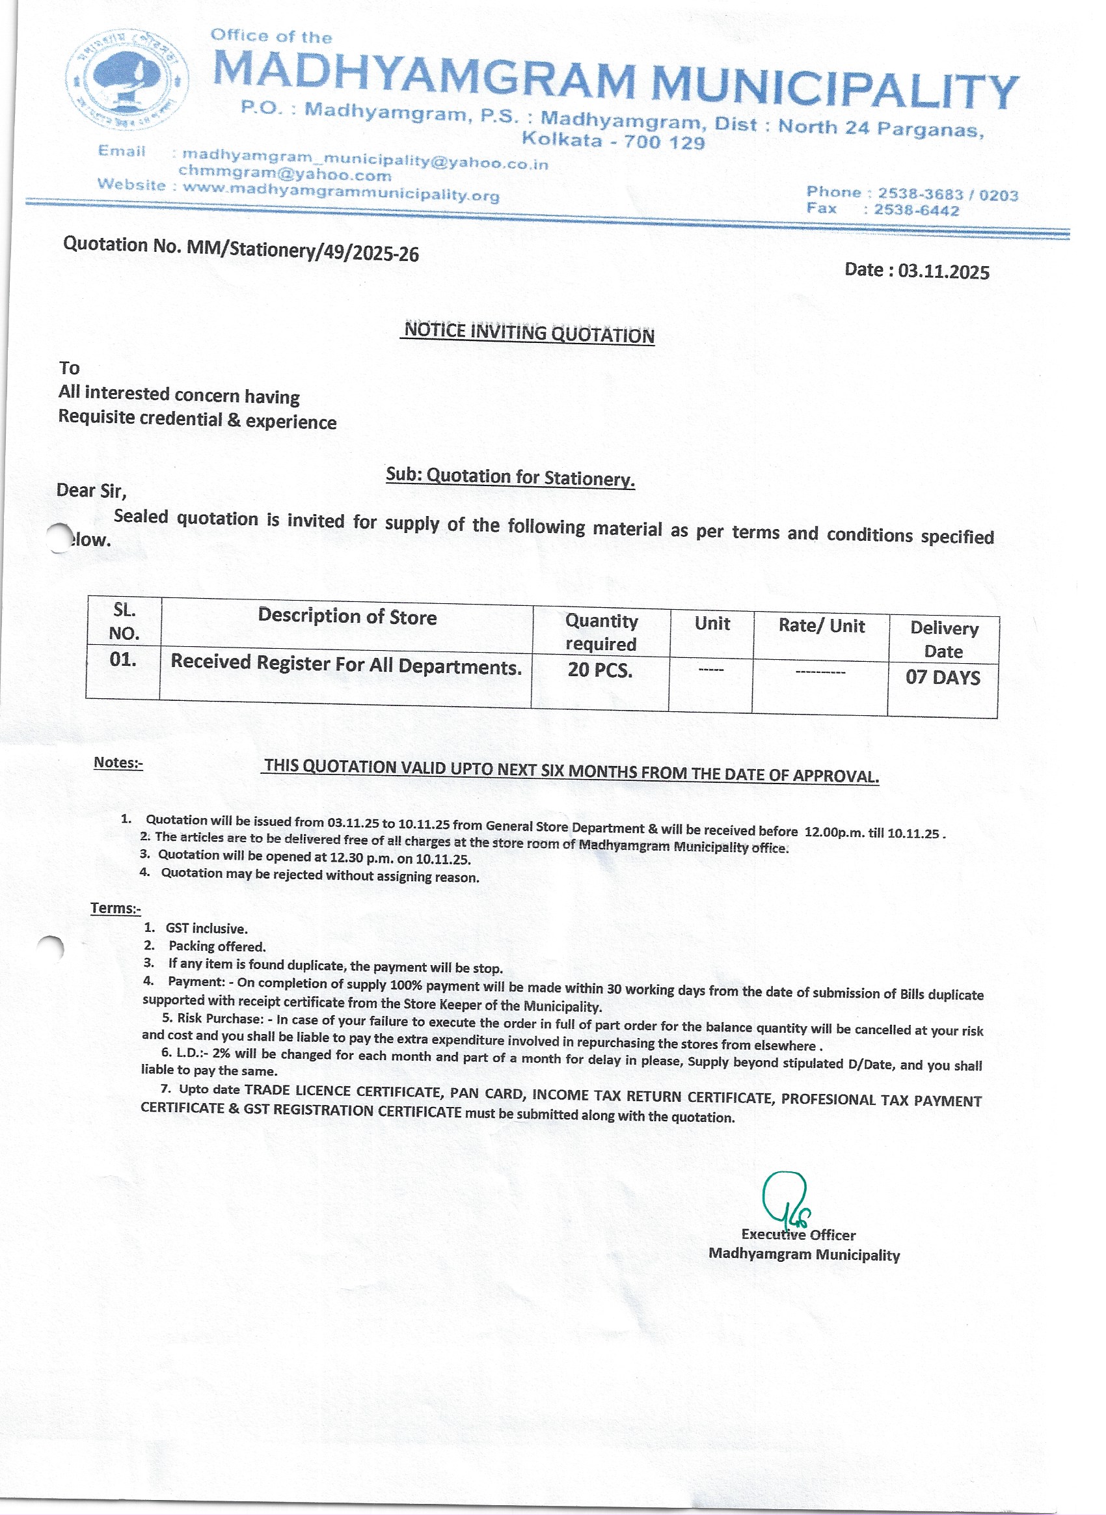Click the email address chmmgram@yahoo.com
(285, 176)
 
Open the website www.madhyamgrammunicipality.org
(342, 195)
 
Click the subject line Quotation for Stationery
(510, 477)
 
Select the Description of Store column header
(347, 617)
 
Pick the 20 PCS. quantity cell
(600, 670)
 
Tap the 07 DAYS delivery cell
(943, 678)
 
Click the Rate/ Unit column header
(822, 626)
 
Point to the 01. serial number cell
(123, 661)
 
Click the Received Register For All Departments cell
(345, 664)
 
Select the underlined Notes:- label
(118, 763)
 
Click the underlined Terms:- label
(116, 908)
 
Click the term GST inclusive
(206, 929)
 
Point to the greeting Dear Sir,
(91, 491)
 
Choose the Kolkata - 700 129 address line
(614, 141)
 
